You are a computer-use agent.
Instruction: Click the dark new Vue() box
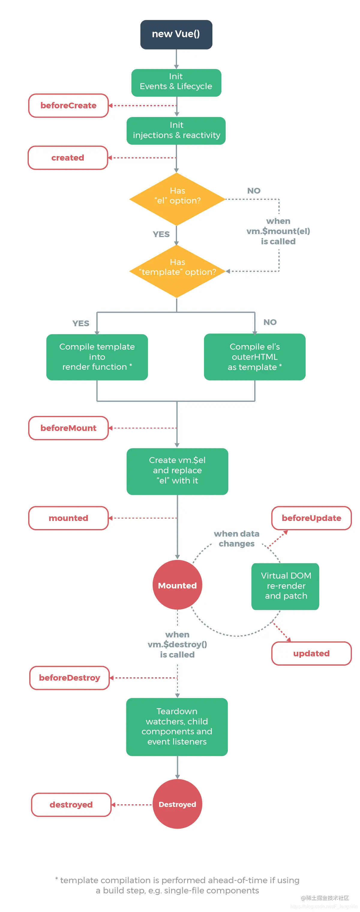pyautogui.click(x=176, y=34)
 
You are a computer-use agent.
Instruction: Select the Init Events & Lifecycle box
pyautogui.click(x=176, y=83)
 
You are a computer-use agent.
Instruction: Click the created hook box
pyautogui.click(x=67, y=158)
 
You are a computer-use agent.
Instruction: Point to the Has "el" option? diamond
pyautogui.click(x=177, y=199)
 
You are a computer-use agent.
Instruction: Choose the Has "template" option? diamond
pyautogui.click(x=177, y=271)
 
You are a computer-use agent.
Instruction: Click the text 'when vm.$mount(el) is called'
pyautogui.click(x=278, y=231)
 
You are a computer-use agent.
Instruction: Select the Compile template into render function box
pyautogui.click(x=97, y=357)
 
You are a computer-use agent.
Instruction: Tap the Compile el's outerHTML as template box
pyautogui.click(x=254, y=357)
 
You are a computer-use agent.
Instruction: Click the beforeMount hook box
pyautogui.click(x=68, y=428)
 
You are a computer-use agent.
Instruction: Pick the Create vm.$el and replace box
pyautogui.click(x=177, y=471)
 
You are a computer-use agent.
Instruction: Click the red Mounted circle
pyautogui.click(x=177, y=585)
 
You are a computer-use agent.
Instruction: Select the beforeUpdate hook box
pyautogui.click(x=311, y=518)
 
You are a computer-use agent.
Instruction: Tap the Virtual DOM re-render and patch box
pyautogui.click(x=285, y=586)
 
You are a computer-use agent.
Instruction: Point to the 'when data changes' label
pyautogui.click(x=236, y=538)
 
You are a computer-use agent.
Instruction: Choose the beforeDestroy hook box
pyautogui.click(x=69, y=677)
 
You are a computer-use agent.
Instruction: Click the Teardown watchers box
pyautogui.click(x=177, y=726)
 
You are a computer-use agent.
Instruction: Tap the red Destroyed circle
pyautogui.click(x=177, y=804)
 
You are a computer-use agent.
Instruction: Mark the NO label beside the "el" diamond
pyautogui.click(x=253, y=191)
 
